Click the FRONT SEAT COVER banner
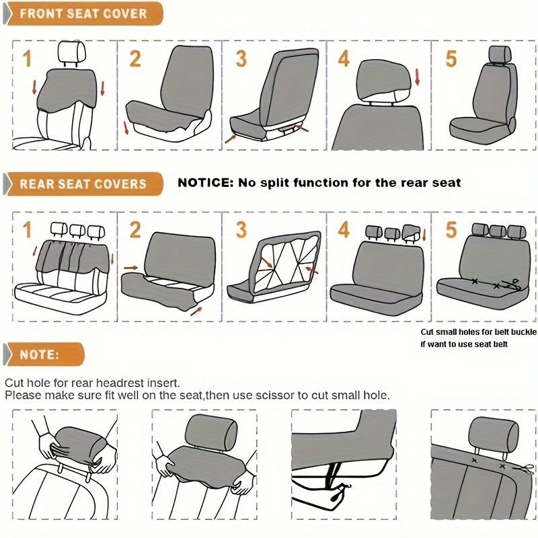coord(83,13)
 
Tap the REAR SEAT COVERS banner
coord(83,184)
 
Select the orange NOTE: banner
coord(44,354)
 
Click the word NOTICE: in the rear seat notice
coord(205,182)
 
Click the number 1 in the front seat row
coord(27,59)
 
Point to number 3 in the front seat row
coord(241,59)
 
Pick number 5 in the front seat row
coord(451,59)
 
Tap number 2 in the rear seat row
coord(135,229)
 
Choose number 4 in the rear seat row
coord(344,229)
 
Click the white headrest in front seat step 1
coord(72,52)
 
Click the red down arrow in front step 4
coord(417,77)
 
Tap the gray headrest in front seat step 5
coord(500,54)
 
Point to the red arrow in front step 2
coord(126,128)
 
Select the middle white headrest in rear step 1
coord(77,230)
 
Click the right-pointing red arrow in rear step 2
coord(130,268)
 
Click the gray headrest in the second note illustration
coord(211,432)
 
